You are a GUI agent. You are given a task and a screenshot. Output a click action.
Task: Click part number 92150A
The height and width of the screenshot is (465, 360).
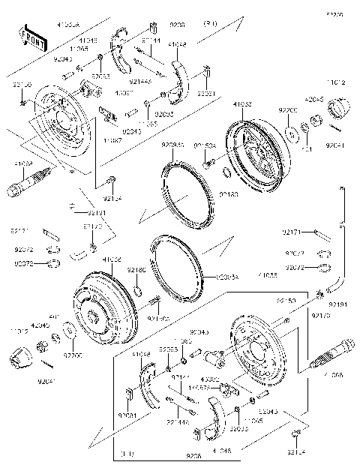coord(205,145)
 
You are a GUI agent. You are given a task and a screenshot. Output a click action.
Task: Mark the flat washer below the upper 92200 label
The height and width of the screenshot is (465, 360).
coord(291,133)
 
